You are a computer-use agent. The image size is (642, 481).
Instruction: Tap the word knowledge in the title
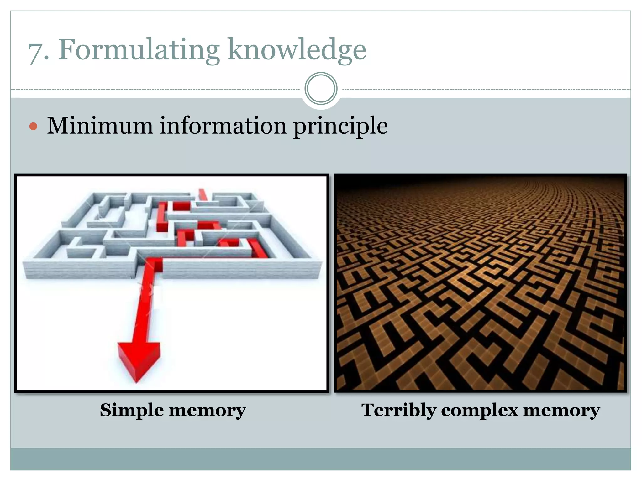tap(297, 50)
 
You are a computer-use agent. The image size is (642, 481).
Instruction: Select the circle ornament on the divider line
tap(321, 89)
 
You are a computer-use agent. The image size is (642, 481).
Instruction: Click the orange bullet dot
tap(33, 127)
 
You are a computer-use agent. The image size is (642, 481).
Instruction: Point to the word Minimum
tap(100, 126)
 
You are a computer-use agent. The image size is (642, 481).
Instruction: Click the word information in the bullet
tap(223, 126)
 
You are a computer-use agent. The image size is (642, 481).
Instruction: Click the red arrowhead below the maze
tap(139, 360)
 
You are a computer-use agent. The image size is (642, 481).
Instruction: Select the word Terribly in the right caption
tap(398, 410)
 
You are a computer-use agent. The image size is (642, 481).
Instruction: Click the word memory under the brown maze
tap(561, 410)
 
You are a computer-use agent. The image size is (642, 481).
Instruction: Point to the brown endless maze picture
tap(480, 283)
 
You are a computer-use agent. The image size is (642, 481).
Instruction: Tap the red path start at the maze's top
tap(203, 194)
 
